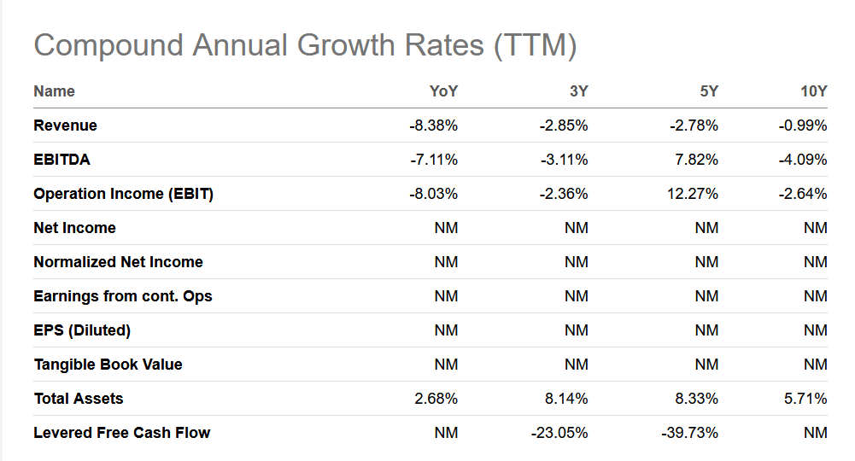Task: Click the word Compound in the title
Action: click(108, 45)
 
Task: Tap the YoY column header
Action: click(443, 91)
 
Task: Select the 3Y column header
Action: click(578, 91)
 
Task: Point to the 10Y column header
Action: click(813, 91)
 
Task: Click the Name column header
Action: click(54, 91)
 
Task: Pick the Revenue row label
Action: click(66, 125)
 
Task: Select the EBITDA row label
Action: click(62, 160)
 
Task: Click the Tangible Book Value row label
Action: click(108, 365)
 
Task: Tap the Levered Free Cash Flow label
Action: click(121, 433)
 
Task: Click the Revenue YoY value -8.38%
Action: click(434, 125)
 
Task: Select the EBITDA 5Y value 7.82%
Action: click(696, 160)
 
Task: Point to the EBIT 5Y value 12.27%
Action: click(693, 194)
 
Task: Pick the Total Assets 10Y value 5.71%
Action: click(805, 399)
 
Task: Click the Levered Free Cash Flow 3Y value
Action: click(559, 433)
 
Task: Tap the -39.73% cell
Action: click(690, 433)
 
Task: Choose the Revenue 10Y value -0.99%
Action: click(803, 125)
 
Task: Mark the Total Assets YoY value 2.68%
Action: click(436, 399)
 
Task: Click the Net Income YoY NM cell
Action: click(446, 228)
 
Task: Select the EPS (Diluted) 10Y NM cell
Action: click(815, 330)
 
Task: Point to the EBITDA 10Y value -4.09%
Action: click(803, 160)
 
